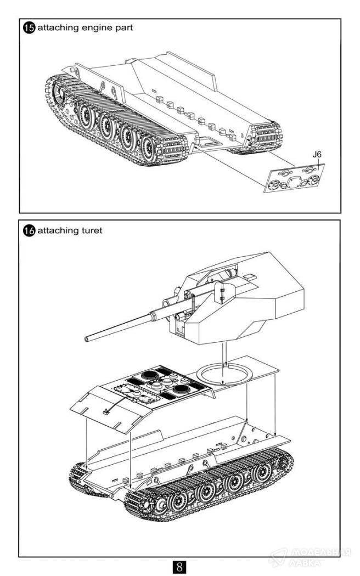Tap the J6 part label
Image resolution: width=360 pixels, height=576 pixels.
pyautogui.click(x=317, y=156)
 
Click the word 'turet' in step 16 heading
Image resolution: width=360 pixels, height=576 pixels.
pyautogui.click(x=91, y=231)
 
